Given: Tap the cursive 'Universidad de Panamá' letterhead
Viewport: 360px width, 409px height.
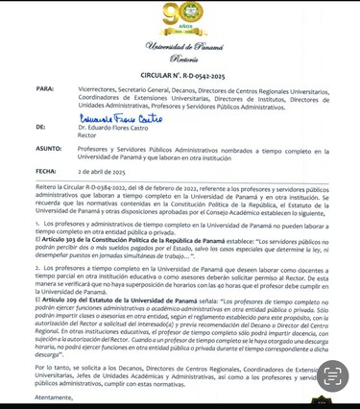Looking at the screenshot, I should click(x=179, y=47).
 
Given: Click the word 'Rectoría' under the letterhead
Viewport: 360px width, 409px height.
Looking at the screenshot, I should click(x=179, y=58).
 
